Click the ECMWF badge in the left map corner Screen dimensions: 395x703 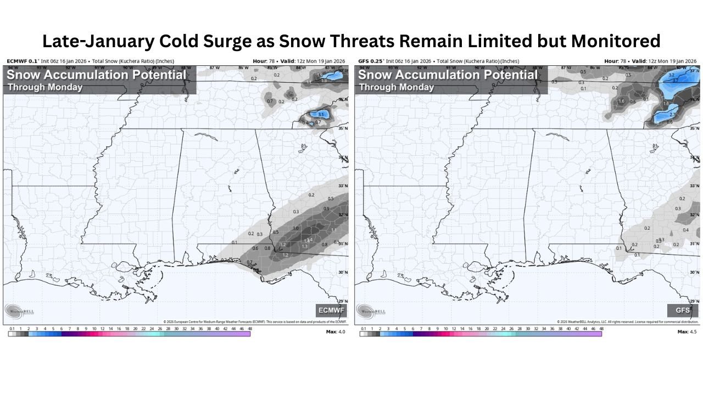(x=332, y=311)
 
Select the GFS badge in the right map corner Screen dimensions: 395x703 (x=683, y=311)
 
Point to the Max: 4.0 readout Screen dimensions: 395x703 (x=336, y=331)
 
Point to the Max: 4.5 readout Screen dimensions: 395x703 (x=687, y=331)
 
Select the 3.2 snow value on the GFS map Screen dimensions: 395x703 (x=671, y=74)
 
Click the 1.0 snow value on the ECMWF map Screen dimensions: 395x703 (x=295, y=228)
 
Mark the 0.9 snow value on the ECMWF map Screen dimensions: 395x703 (x=326, y=208)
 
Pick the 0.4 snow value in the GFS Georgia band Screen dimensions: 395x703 (x=685, y=230)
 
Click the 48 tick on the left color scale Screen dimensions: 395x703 (x=250, y=329)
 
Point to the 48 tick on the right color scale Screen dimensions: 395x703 (x=601, y=329)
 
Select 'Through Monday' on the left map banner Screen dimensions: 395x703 (x=45, y=87)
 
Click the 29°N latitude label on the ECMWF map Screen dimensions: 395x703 (x=343, y=301)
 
